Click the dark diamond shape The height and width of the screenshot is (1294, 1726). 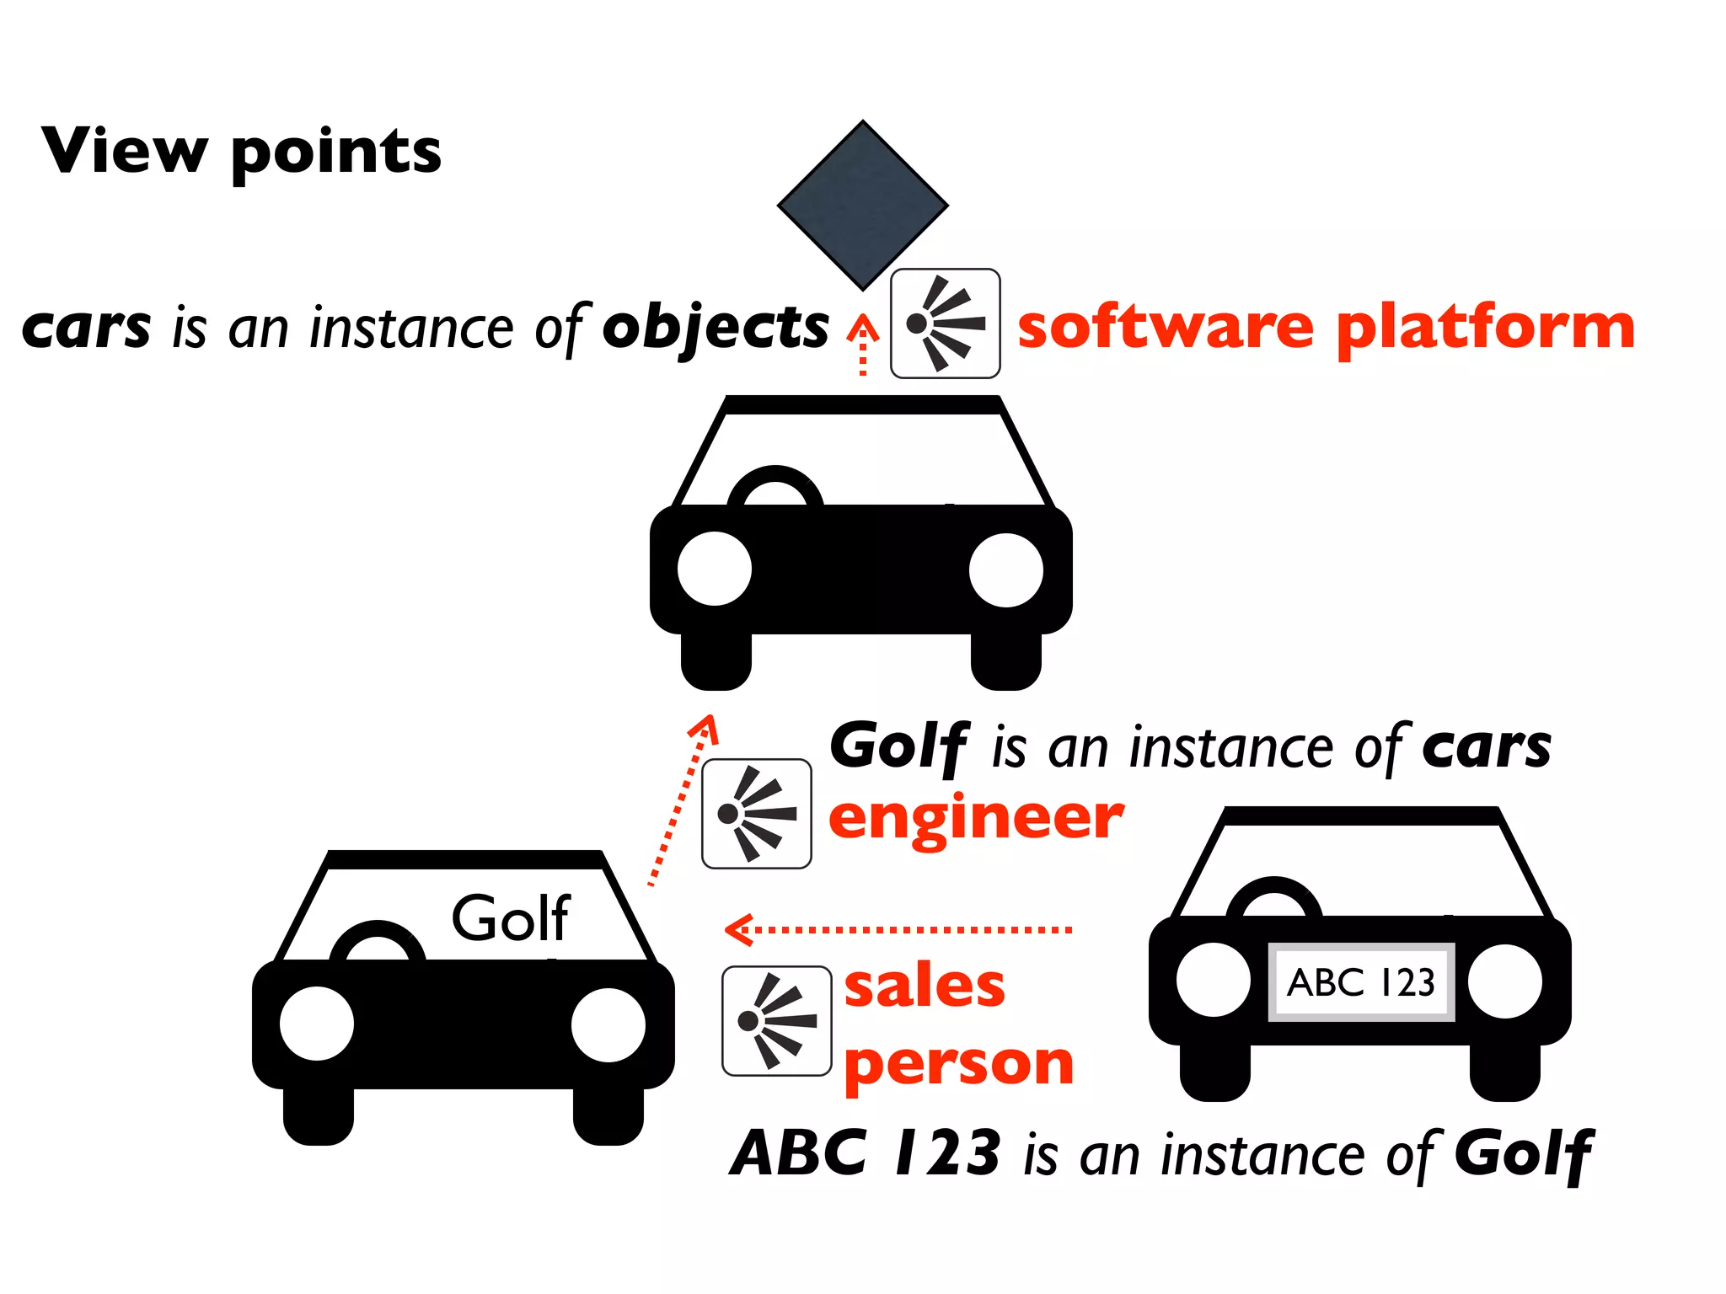click(x=862, y=205)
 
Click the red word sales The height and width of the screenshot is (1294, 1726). click(x=925, y=986)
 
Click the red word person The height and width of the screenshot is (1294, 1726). click(x=959, y=1063)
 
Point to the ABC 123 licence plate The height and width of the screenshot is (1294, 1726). click(x=1360, y=982)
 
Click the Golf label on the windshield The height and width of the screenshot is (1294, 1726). click(x=511, y=918)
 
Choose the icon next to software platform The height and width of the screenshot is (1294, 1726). click(x=945, y=323)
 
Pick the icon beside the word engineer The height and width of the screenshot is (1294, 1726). click(x=756, y=814)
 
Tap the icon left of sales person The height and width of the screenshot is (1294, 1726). click(x=776, y=1021)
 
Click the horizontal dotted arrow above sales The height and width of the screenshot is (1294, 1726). click(x=898, y=929)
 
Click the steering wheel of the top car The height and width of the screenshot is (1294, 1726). click(x=775, y=488)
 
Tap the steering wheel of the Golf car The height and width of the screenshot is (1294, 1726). click(x=378, y=943)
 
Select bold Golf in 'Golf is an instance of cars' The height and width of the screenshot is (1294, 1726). click(x=899, y=746)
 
